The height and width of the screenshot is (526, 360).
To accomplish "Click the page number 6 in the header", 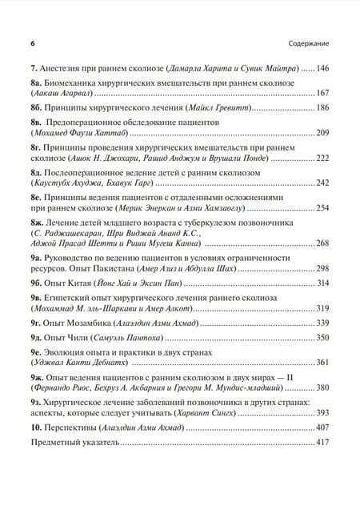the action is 30,41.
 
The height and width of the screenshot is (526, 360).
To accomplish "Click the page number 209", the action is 324,132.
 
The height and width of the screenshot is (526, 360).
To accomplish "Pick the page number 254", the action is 324,208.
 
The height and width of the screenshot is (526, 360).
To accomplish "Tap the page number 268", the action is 324,243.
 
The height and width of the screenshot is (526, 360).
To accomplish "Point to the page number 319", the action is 324,308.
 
